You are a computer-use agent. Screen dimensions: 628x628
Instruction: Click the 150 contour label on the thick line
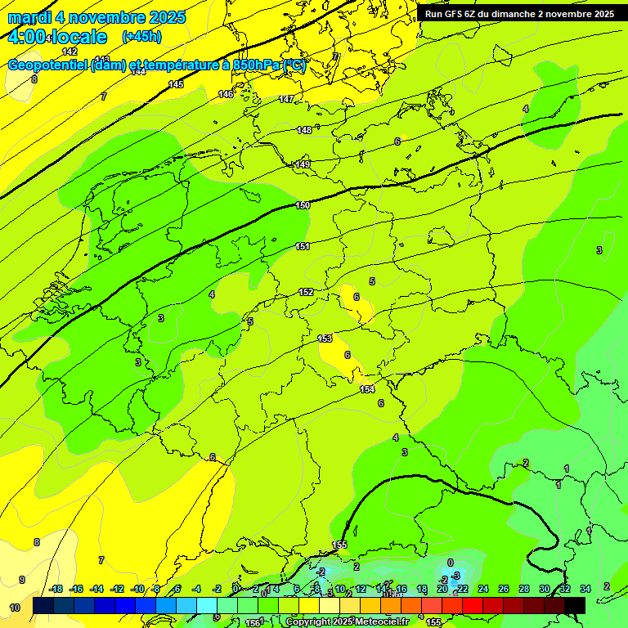[x=303, y=205]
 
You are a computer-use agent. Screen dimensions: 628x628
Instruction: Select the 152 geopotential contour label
[x=306, y=292]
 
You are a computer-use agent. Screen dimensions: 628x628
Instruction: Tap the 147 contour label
[x=285, y=99]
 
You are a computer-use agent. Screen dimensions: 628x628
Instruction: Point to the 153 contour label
[x=325, y=339]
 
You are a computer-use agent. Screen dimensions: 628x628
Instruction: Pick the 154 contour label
[x=367, y=389]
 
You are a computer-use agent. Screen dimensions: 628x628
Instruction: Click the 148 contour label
[x=304, y=130]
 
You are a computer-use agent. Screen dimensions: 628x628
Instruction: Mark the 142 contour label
[x=70, y=52]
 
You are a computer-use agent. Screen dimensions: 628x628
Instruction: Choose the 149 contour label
[x=303, y=164]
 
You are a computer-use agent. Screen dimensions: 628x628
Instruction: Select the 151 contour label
[x=303, y=246]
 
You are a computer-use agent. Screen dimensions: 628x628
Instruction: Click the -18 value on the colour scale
[x=56, y=589]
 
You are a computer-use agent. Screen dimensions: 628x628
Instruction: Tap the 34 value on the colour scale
[x=585, y=589]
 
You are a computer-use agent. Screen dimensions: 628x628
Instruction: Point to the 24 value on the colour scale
[x=482, y=589]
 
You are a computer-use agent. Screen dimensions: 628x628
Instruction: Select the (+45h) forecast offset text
[x=141, y=37]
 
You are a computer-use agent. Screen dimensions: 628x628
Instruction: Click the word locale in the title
[x=78, y=37]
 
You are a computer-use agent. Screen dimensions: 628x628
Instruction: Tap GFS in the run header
[x=452, y=14]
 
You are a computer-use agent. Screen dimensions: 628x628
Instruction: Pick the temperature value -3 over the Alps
[x=455, y=576]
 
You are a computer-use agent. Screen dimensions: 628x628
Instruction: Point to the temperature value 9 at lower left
[x=22, y=580]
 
